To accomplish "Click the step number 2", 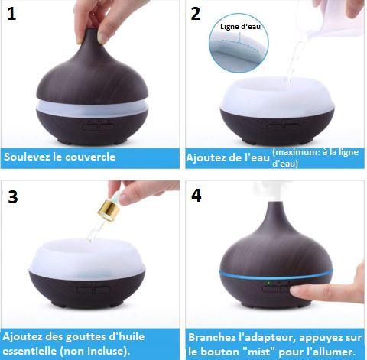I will pos(196,14).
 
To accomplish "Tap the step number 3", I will pos(12,196).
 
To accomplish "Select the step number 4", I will pos(196,195).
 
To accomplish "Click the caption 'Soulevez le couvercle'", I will pos(60,157).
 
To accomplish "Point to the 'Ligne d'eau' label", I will pos(239,27).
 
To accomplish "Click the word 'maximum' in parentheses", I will pos(294,152).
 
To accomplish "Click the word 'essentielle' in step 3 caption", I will pos(31,351).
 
